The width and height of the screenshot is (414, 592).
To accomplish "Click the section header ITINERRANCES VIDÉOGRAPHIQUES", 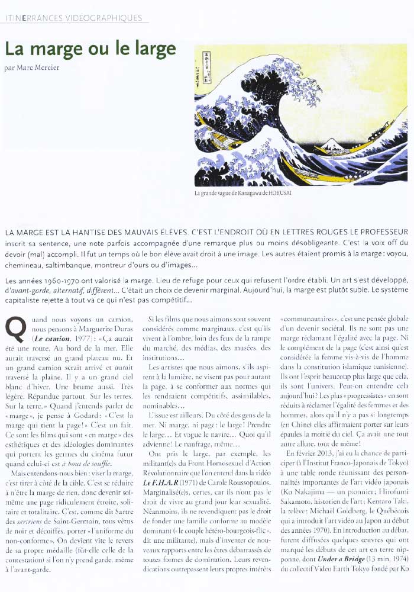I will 73,18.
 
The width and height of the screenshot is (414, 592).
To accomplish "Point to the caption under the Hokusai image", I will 243,194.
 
